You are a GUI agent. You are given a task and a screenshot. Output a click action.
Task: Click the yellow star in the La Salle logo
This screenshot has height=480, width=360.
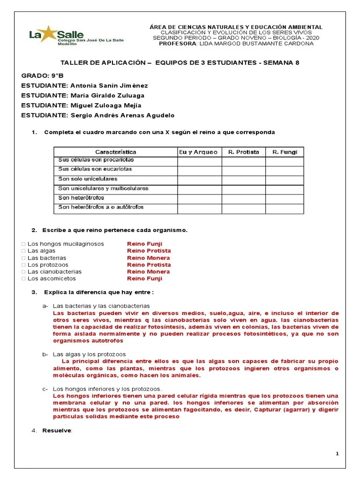pyautogui.click(x=48, y=34)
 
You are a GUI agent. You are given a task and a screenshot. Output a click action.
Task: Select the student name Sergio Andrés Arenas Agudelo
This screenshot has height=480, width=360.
pyautogui.click(x=122, y=115)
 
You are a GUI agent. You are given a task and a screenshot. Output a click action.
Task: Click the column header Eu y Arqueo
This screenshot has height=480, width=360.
pyautogui.click(x=199, y=152)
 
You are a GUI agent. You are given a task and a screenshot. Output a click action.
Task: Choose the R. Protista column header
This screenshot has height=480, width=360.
pyautogui.click(x=243, y=152)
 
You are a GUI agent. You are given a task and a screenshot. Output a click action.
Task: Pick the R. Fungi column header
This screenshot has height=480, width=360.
pyautogui.click(x=285, y=152)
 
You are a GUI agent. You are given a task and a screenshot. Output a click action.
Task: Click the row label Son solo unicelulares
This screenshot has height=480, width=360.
pyautogui.click(x=88, y=179)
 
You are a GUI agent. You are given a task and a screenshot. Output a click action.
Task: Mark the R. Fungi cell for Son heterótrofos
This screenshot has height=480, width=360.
pyautogui.click(x=285, y=198)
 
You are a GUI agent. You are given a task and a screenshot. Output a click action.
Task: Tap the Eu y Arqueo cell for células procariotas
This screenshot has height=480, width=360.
pyautogui.click(x=199, y=161)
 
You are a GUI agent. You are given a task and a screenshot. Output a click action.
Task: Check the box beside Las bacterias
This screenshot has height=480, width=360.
pyautogui.click(x=24, y=258)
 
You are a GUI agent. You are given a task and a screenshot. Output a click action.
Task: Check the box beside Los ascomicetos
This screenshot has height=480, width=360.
pyautogui.click(x=24, y=279)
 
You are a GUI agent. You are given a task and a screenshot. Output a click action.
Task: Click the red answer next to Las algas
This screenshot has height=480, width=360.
pyautogui.click(x=149, y=251)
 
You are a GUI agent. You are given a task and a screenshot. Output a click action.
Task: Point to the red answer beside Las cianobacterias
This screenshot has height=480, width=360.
pyautogui.click(x=148, y=272)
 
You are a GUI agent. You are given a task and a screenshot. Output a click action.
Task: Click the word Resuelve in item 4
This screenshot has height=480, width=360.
pyautogui.click(x=57, y=431)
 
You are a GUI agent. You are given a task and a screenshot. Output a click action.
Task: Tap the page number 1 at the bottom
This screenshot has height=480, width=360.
pyautogui.click(x=337, y=454)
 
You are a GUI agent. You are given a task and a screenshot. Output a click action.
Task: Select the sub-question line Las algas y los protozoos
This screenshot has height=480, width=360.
pyautogui.click(x=89, y=354)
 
